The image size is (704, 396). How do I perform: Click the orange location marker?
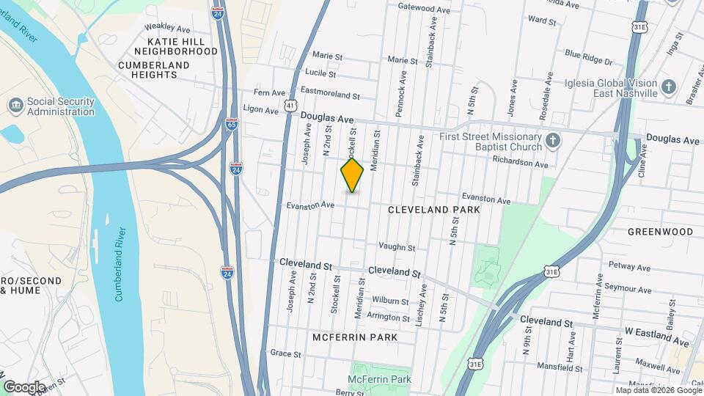[x=352, y=175]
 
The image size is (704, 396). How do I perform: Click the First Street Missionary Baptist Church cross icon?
[x=554, y=140]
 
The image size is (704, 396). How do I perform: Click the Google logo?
[x=23, y=386]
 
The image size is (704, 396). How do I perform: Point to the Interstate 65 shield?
[x=231, y=125]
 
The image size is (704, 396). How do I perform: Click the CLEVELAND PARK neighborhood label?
[x=434, y=210]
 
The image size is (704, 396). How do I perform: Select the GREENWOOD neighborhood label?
[x=660, y=232]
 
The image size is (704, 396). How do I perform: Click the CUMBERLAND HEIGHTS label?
[x=153, y=70]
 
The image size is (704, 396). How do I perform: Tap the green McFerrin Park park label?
[x=379, y=379]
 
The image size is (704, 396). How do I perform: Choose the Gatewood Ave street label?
[x=423, y=10]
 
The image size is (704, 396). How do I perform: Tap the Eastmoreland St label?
[x=331, y=95]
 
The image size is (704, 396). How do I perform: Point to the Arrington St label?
[x=389, y=318]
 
